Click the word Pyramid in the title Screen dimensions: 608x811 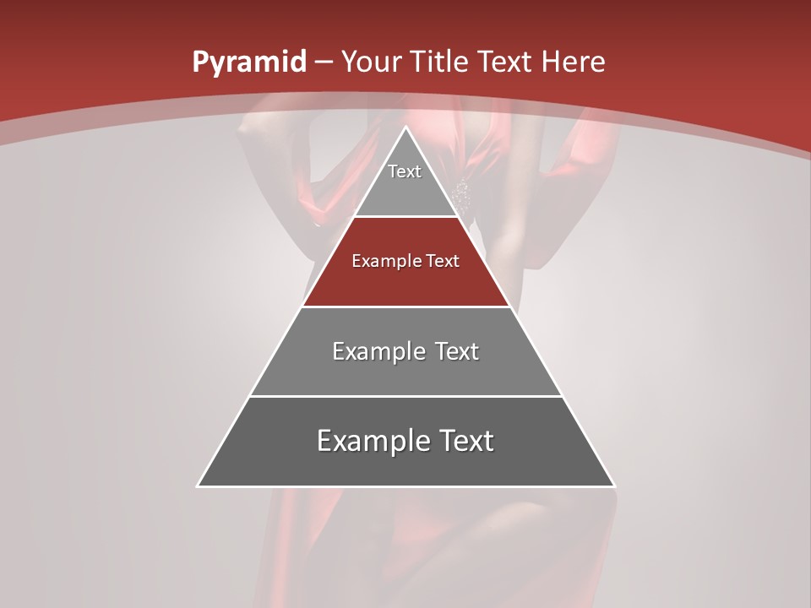[248, 62]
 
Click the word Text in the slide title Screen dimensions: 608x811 [505, 62]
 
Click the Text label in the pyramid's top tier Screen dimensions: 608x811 [405, 171]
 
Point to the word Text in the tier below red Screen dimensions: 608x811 [456, 351]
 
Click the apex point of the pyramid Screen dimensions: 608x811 [406, 128]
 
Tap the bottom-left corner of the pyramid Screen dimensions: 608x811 [199, 486]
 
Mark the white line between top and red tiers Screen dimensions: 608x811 [406, 217]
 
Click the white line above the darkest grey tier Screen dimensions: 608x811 [406, 396]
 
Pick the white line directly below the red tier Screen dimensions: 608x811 [406, 307]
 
